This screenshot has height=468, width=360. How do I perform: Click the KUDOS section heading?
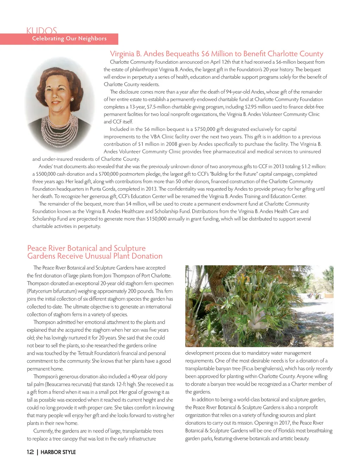point(41,31)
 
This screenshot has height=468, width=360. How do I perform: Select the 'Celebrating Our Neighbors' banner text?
point(69,39)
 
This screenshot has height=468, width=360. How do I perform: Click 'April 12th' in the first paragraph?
point(220,62)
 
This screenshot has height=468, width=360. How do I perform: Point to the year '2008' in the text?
point(170,144)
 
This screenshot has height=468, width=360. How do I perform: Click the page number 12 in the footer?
point(30,452)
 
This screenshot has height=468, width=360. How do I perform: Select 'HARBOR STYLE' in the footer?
point(58,452)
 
